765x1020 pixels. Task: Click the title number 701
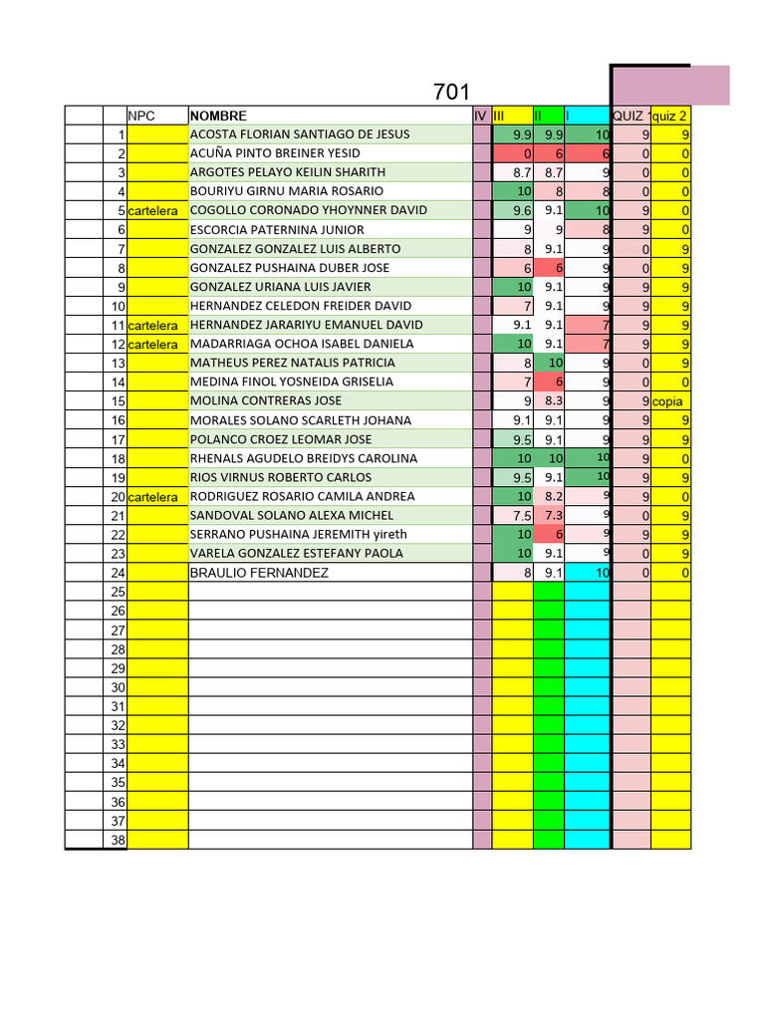tap(451, 93)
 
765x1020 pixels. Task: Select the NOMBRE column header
tap(218, 116)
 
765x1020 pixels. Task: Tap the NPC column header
tap(142, 116)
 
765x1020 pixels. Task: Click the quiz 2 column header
tap(669, 116)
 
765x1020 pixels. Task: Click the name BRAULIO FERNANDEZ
tap(258, 573)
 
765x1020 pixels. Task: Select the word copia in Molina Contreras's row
tap(667, 401)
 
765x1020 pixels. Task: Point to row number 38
tap(118, 840)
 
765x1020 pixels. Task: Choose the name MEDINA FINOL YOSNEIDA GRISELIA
tap(292, 382)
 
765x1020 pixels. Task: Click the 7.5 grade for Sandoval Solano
tap(522, 516)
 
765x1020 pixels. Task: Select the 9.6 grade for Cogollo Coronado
tap(522, 211)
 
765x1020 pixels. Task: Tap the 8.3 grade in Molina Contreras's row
tap(554, 401)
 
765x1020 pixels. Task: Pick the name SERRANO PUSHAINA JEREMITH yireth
tap(298, 535)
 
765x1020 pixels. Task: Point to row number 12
tap(118, 345)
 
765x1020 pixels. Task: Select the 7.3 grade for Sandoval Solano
tap(554, 516)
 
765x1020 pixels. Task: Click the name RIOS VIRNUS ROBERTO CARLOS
tap(281, 477)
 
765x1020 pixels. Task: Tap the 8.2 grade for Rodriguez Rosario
tap(554, 497)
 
